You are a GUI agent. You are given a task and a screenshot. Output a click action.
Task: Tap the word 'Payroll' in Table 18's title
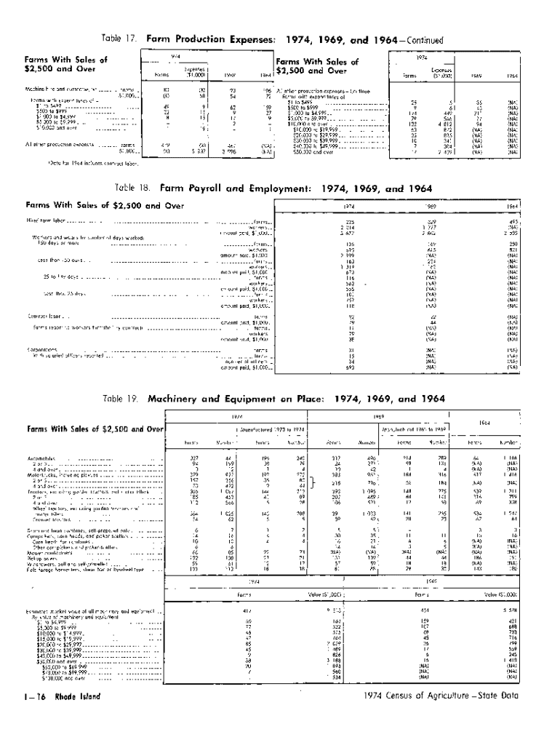(x=206, y=188)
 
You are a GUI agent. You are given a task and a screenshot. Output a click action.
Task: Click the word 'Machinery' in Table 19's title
(x=176, y=399)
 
